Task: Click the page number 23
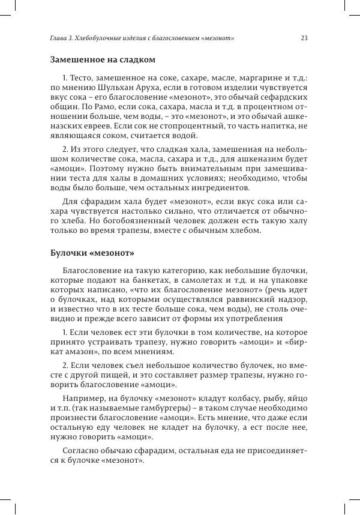(x=304, y=38)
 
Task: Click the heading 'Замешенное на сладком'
(x=103, y=60)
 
